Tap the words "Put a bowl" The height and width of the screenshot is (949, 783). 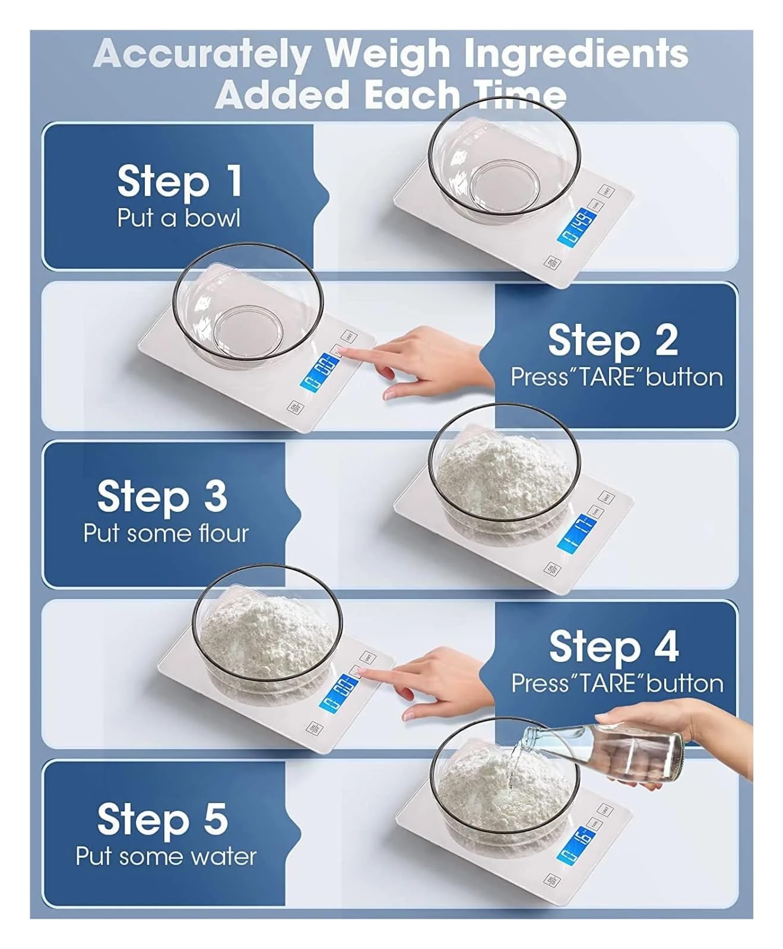tap(179, 218)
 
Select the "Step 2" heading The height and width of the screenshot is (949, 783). tap(612, 340)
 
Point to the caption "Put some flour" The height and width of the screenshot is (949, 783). tap(166, 533)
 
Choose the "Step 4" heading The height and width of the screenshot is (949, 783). tap(613, 647)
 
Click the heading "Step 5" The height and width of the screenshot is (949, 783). tap(162, 819)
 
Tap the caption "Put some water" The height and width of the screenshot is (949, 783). tap(166, 856)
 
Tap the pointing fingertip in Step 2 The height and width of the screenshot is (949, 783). tap(344, 352)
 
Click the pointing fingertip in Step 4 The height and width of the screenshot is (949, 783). tap(362, 671)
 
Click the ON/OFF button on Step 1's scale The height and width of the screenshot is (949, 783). tap(551, 262)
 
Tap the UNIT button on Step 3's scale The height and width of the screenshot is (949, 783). tap(607, 497)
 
